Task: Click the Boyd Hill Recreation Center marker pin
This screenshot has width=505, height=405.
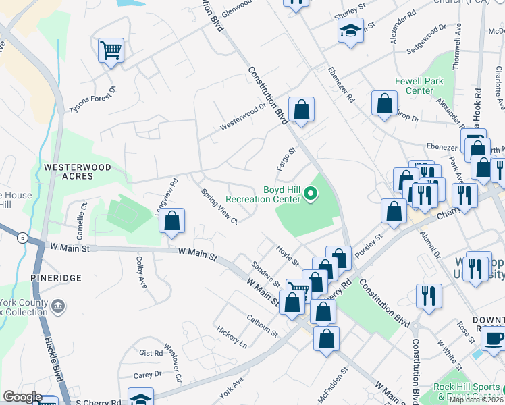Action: click(x=311, y=194)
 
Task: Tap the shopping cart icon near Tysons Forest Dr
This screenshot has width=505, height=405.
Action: click(x=111, y=50)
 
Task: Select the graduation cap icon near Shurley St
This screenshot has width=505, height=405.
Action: click(x=350, y=31)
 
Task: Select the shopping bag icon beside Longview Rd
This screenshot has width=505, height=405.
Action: click(x=172, y=221)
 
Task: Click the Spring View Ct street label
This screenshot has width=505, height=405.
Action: click(x=219, y=207)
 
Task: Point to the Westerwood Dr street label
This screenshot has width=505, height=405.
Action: click(x=243, y=117)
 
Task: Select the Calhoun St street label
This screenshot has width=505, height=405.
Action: click(x=262, y=325)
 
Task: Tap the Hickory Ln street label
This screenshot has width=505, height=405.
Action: click(x=232, y=337)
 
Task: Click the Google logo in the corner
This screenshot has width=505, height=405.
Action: click(x=22, y=397)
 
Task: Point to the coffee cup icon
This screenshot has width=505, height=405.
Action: click(x=494, y=340)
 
